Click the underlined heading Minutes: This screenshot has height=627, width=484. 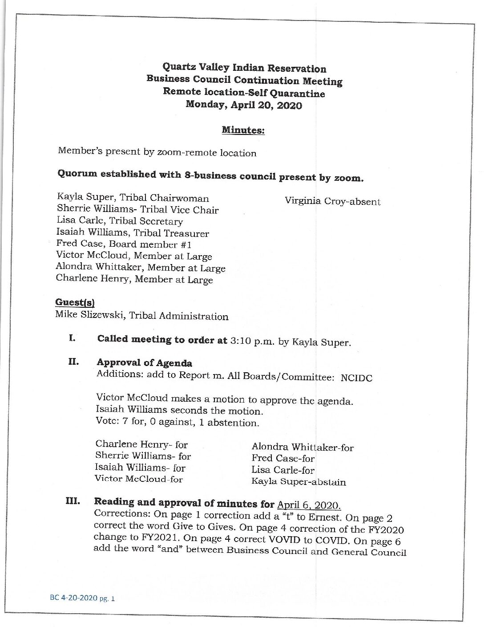click(x=243, y=130)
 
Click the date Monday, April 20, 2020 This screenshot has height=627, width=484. click(x=244, y=105)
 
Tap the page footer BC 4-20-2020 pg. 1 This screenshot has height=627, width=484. click(x=82, y=598)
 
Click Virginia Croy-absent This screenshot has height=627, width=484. click(x=332, y=201)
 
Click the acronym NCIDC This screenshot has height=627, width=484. click(x=356, y=378)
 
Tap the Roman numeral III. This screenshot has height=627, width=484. click(x=73, y=501)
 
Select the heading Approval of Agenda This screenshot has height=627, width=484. click(x=145, y=362)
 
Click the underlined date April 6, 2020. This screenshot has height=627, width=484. click(x=309, y=505)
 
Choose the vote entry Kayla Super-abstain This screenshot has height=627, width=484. click(x=298, y=482)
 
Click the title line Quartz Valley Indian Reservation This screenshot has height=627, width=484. click(x=244, y=68)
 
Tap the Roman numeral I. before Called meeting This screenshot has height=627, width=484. click(x=72, y=338)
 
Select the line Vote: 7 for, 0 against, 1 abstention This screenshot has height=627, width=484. click(x=177, y=422)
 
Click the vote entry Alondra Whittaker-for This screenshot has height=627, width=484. click(x=302, y=447)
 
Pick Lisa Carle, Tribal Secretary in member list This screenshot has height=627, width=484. click(x=120, y=221)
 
